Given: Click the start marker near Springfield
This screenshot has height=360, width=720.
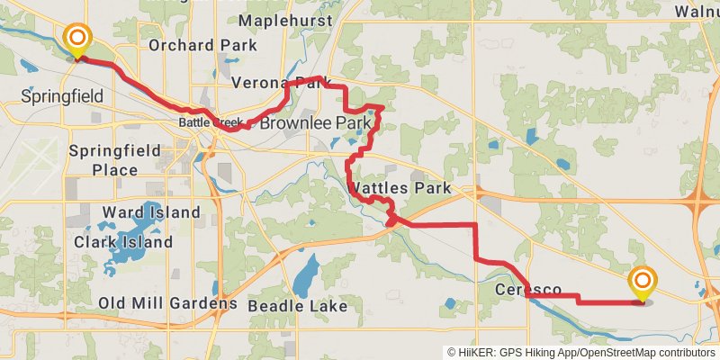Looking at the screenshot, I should tap(77, 38).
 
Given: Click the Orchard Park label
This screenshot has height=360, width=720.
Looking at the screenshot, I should tap(202, 45).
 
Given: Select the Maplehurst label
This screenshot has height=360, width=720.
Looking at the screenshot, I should tap(286, 20).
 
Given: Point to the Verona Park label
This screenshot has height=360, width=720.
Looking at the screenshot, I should tap(275, 84).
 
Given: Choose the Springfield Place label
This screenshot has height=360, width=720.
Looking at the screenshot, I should tap(115, 159).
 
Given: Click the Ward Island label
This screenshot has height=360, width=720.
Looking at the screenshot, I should tap(151, 212).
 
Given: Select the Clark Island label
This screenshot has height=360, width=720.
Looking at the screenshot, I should tap(123, 242).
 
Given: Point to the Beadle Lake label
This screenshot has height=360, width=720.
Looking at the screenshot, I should tap(297, 306).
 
